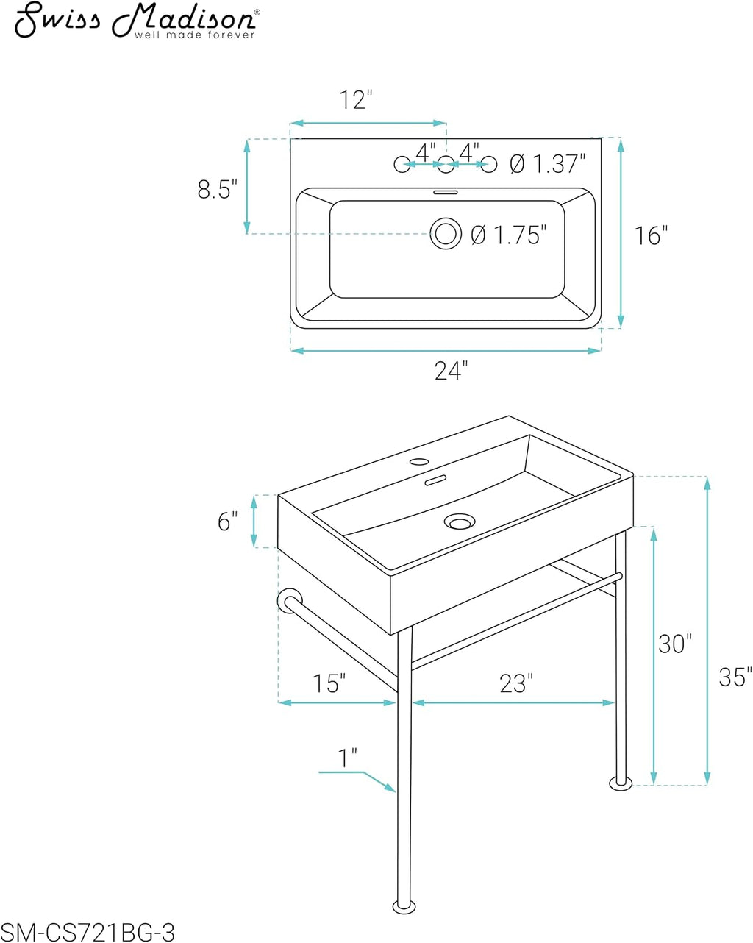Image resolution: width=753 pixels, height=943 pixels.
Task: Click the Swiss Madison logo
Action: point(137,20)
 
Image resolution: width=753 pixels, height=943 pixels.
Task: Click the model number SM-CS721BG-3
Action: point(88,931)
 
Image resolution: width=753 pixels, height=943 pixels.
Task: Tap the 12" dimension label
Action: point(356,100)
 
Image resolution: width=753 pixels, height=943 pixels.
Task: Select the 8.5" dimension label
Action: point(217,189)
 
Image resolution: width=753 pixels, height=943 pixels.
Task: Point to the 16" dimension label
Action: point(652,235)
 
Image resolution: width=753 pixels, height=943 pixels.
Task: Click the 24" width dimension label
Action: point(452,371)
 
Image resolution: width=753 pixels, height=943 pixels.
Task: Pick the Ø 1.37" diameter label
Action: point(548,164)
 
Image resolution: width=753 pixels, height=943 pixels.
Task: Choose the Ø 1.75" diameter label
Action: point(509,235)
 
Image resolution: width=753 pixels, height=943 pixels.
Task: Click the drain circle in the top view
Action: point(446,233)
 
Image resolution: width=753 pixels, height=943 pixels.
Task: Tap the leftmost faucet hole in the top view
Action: point(402,164)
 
